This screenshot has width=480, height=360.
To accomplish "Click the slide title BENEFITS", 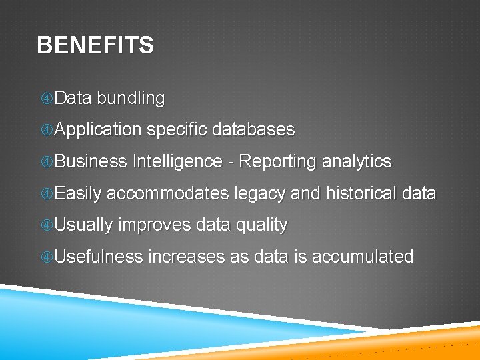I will pos(95,45).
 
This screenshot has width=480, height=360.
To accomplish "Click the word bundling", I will pos(131,98).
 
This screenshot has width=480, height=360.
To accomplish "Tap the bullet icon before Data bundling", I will pos(47,99).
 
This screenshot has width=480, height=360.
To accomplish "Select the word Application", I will pos(98,130).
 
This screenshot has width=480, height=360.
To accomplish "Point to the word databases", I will pos(253,129).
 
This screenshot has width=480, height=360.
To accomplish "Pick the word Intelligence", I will pos(177,162).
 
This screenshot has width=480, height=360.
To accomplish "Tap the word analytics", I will pos(357,162).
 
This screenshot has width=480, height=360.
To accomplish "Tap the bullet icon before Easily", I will pos(47,195).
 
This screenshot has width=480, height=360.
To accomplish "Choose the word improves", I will pos(154,225).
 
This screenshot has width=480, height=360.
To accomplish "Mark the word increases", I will pos(186,257).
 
